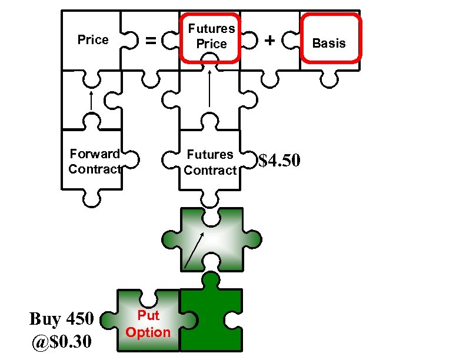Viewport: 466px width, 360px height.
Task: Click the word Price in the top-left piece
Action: point(93,40)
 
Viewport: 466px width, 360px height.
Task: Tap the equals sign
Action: point(151,41)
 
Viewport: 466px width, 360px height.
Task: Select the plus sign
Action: point(270,41)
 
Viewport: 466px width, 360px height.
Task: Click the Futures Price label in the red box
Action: point(211,36)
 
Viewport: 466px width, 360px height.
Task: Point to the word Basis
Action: point(329,43)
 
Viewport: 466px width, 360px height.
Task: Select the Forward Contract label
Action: point(94,162)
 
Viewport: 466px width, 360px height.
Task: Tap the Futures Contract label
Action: point(210,162)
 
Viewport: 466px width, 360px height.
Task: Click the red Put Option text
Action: point(148,324)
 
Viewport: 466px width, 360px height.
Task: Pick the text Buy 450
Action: point(61,319)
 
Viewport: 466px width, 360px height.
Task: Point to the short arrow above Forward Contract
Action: point(91,99)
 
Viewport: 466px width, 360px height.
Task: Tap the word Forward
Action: point(94,154)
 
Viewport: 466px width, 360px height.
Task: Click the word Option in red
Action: point(148,332)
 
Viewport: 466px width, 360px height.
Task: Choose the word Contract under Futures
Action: point(210,171)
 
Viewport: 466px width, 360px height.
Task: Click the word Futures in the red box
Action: point(211,28)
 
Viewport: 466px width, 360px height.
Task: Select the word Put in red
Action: point(148,315)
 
